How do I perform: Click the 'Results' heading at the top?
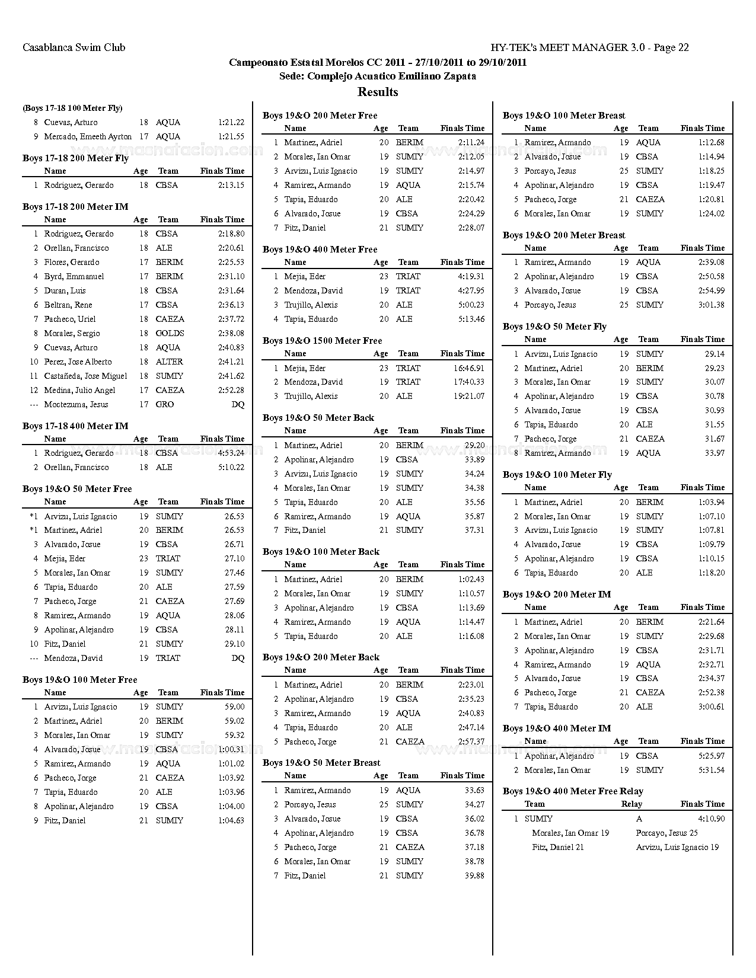(378, 92)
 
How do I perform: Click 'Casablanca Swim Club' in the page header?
(74, 47)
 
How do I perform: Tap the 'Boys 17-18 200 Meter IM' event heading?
(75, 207)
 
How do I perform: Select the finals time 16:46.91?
(468, 368)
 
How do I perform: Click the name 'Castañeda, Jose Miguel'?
(85, 376)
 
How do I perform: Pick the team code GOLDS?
(170, 333)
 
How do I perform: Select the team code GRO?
(165, 404)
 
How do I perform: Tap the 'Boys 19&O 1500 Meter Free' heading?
(322, 341)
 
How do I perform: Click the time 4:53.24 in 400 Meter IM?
(230, 453)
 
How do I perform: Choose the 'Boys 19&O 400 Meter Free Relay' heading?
(573, 791)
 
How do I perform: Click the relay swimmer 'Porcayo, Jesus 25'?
(666, 833)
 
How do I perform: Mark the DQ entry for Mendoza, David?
(238, 658)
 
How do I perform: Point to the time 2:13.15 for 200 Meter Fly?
(231, 185)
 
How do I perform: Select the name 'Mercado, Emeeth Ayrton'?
(88, 136)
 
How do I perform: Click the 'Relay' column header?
(631, 804)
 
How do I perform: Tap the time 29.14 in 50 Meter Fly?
(714, 354)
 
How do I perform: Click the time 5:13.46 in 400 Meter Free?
(471, 319)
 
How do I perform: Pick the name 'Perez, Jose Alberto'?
(78, 362)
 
